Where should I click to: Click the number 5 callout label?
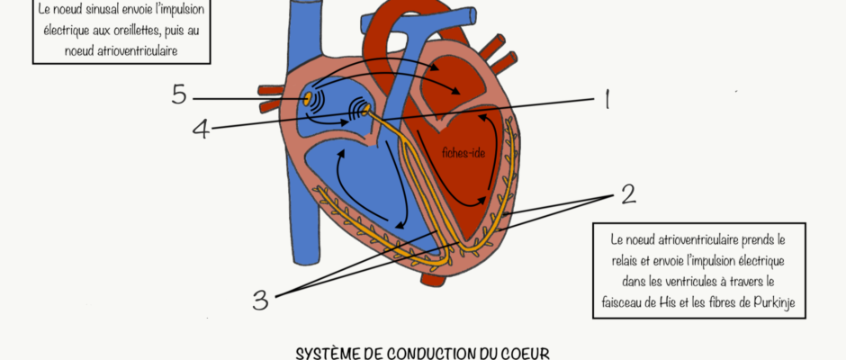[x=178, y=95]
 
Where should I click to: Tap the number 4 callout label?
[x=201, y=129]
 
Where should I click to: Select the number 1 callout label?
[x=607, y=99]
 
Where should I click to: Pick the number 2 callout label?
[x=628, y=194]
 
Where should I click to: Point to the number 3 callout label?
[x=260, y=300]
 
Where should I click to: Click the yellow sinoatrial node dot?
[x=307, y=99]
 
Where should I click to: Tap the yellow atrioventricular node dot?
[x=366, y=111]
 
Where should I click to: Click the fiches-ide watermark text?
[x=463, y=153]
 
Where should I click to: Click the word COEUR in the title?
[x=526, y=354]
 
